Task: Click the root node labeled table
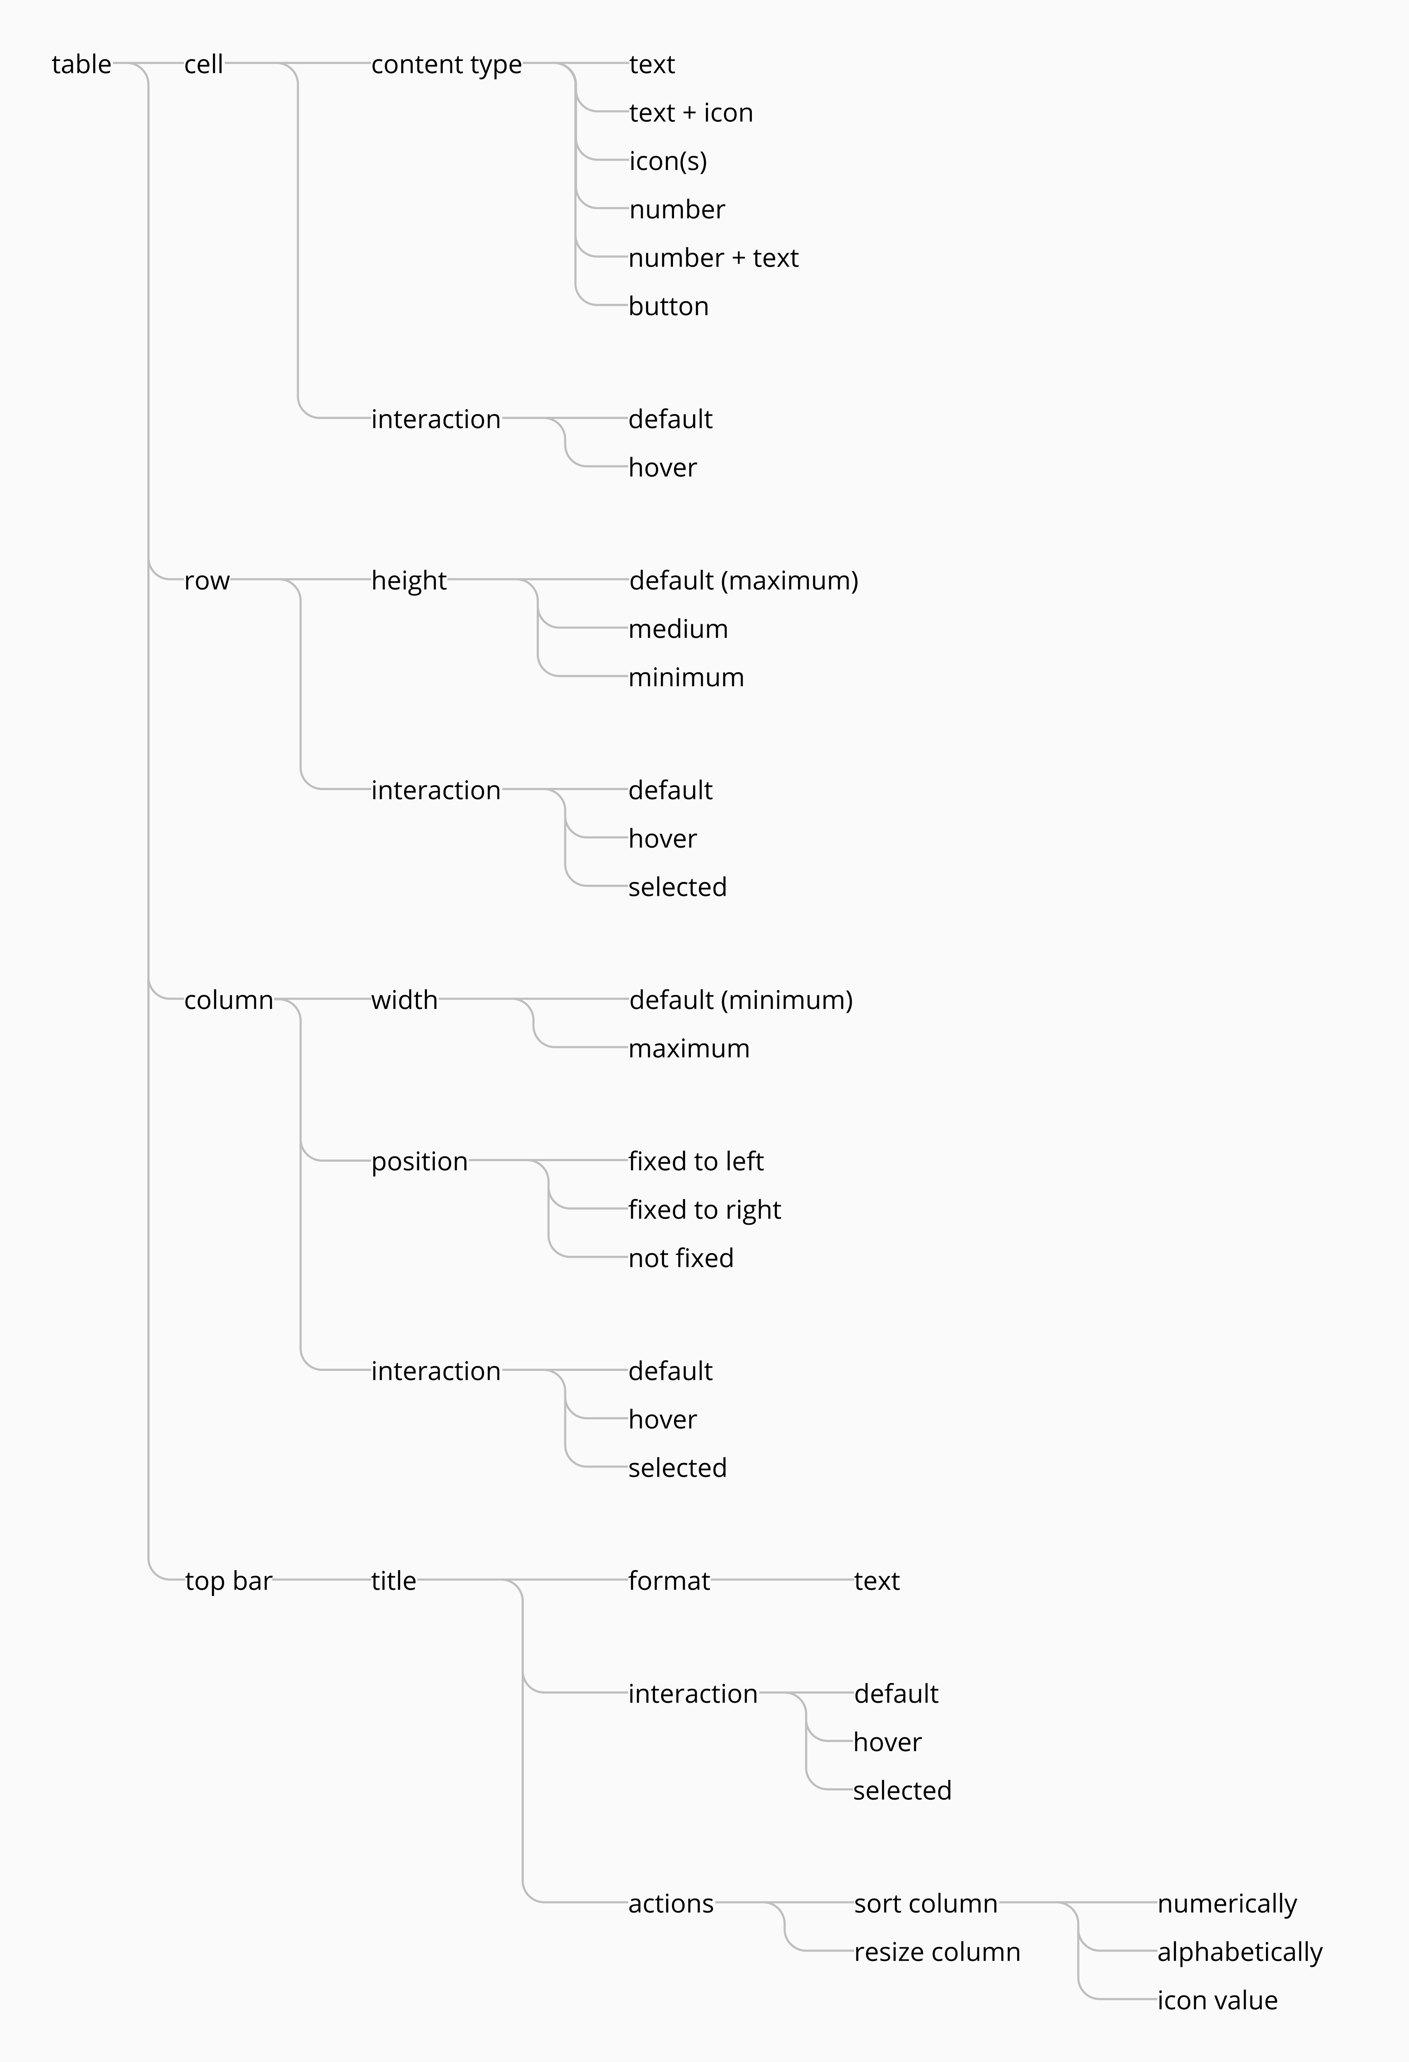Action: [x=81, y=64]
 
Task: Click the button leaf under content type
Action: [x=668, y=306]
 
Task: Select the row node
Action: [x=207, y=580]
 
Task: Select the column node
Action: [x=228, y=1000]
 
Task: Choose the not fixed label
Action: [x=681, y=1258]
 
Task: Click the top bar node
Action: [x=228, y=1581]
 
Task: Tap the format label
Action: [x=669, y=1581]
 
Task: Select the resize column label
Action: [x=937, y=1952]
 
